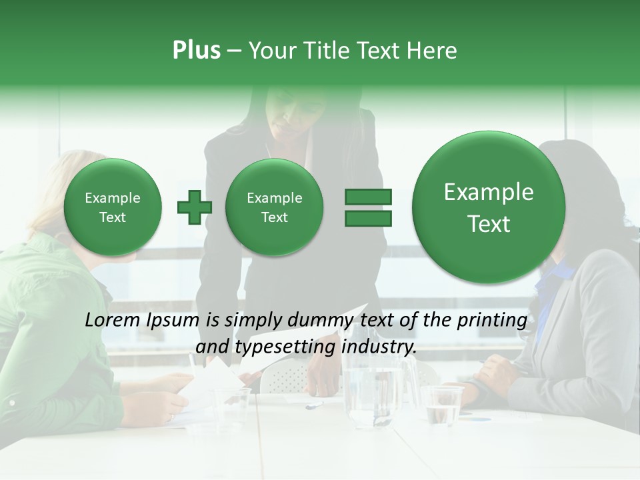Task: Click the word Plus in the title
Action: coord(196,51)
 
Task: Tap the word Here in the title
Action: coord(431,51)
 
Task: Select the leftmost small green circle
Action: coord(113,207)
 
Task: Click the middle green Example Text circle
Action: coord(274,207)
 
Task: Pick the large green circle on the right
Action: coord(489,207)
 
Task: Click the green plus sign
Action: coord(195,207)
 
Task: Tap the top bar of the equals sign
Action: coord(368,197)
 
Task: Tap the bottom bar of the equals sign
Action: coord(368,218)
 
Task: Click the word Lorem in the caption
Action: coord(113,320)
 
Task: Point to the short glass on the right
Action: coord(442,405)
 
